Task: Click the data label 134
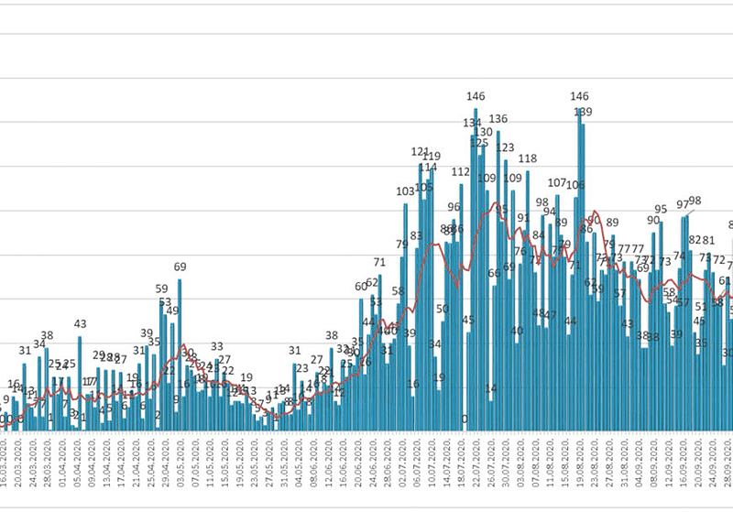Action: tap(473, 124)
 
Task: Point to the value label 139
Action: tap(583, 113)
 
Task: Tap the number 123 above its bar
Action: tap(505, 147)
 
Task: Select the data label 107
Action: tap(557, 182)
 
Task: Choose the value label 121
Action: tap(421, 152)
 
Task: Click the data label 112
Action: tap(460, 171)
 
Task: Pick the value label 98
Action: tap(695, 202)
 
